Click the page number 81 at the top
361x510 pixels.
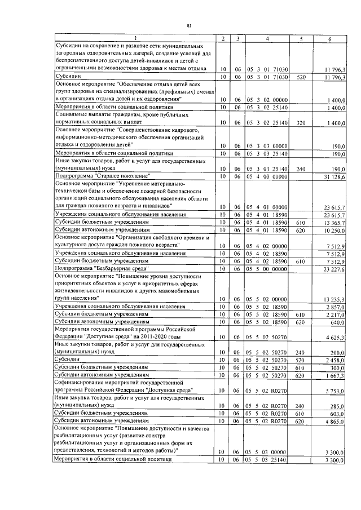[x=189, y=25]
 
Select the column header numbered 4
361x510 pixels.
[x=267, y=38]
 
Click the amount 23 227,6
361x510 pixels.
[x=335, y=269]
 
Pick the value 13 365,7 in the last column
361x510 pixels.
[x=335, y=223]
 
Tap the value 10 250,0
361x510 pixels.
[x=335, y=230]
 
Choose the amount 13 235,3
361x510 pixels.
[x=335, y=299]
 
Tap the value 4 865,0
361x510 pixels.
[x=336, y=420]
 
